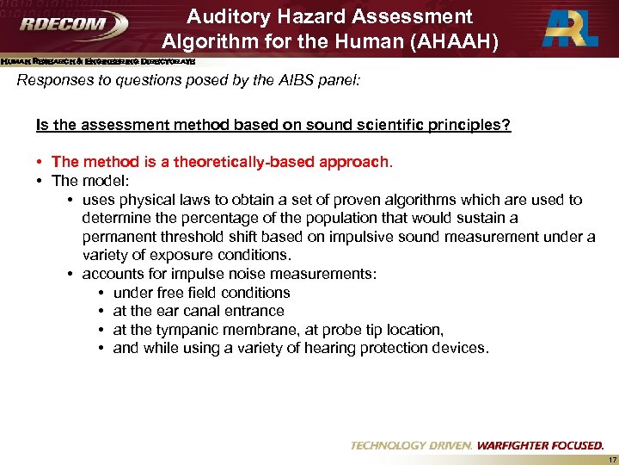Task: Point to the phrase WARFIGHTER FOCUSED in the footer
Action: (x=542, y=445)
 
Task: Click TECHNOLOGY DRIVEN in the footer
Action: (x=412, y=445)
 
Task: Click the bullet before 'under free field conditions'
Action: (x=102, y=293)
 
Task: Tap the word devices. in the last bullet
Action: (x=463, y=348)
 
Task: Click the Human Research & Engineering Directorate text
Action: (x=97, y=62)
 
